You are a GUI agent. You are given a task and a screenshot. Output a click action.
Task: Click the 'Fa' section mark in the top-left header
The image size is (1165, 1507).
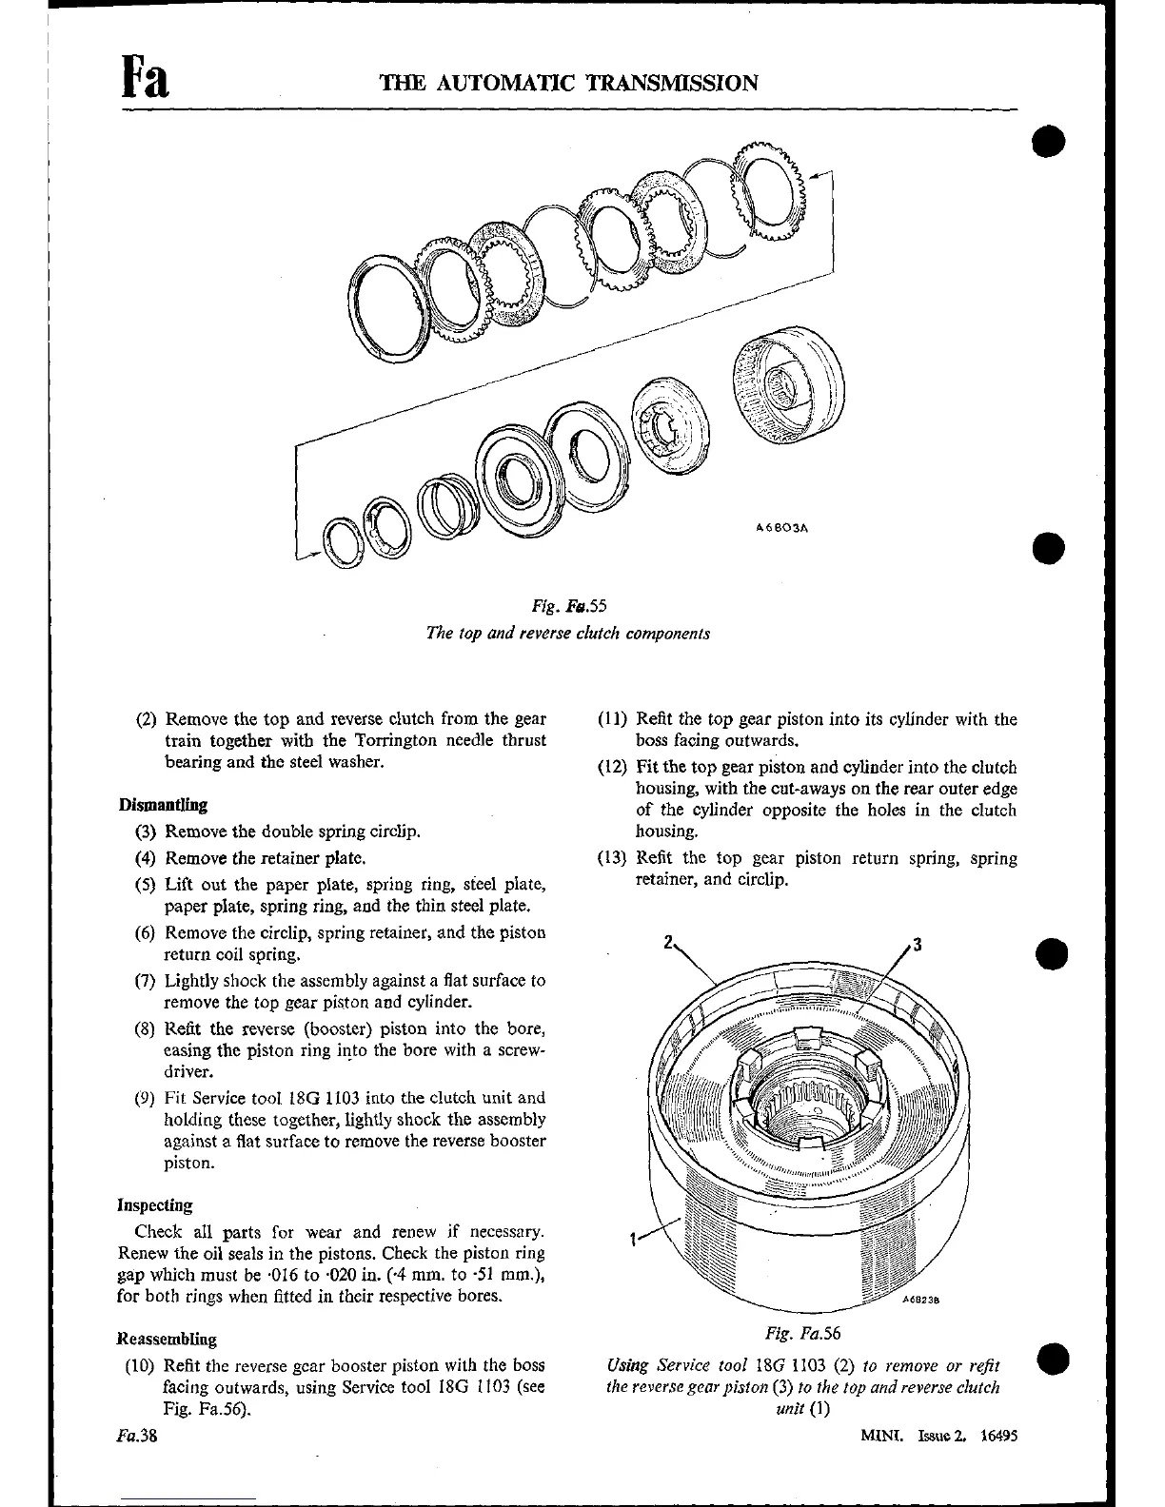(x=146, y=77)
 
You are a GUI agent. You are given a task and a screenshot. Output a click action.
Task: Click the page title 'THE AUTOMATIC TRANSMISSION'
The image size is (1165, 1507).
(x=568, y=83)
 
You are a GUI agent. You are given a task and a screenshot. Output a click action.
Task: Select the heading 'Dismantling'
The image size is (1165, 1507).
(x=163, y=805)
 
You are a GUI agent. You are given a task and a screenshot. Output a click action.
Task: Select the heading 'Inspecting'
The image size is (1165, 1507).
(x=155, y=1205)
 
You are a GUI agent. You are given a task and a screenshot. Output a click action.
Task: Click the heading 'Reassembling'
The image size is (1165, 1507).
(x=167, y=1339)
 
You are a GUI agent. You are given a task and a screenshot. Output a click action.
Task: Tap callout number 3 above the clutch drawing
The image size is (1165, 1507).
(x=917, y=945)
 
